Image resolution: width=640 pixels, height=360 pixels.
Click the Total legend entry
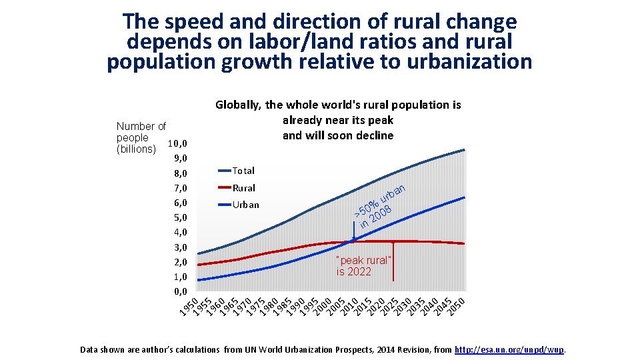(x=243, y=171)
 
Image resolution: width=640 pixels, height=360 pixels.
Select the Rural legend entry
(x=243, y=188)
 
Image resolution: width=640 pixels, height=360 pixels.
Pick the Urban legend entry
(x=245, y=205)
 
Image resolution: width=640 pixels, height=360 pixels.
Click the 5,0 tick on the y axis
(x=180, y=217)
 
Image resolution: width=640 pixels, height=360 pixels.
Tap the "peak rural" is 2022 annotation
(x=363, y=266)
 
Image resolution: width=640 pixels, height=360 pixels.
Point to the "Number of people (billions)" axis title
(x=141, y=137)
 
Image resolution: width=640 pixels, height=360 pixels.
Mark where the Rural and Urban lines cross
(x=353, y=241)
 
